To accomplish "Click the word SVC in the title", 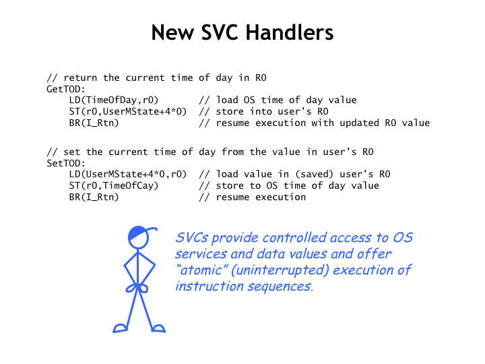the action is (220, 32).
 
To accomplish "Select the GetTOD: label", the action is (66, 89).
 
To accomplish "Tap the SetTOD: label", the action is (66, 163).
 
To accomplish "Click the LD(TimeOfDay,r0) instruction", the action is (114, 100).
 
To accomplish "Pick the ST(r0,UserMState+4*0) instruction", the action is (128, 111).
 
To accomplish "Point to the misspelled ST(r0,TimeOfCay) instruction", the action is (114, 186).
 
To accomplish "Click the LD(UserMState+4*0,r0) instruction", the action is (128, 175).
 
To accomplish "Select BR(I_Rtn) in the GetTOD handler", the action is (94, 123).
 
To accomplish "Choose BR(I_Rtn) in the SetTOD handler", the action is (94, 197).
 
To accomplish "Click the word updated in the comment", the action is (360, 123).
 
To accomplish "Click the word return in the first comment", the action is (80, 78).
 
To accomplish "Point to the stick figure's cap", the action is (141, 232).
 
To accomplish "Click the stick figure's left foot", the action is (120, 328).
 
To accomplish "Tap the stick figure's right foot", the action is (159, 328).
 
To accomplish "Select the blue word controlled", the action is (295, 238).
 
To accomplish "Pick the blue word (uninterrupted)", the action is (280, 270).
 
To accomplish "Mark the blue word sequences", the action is (280, 286).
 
